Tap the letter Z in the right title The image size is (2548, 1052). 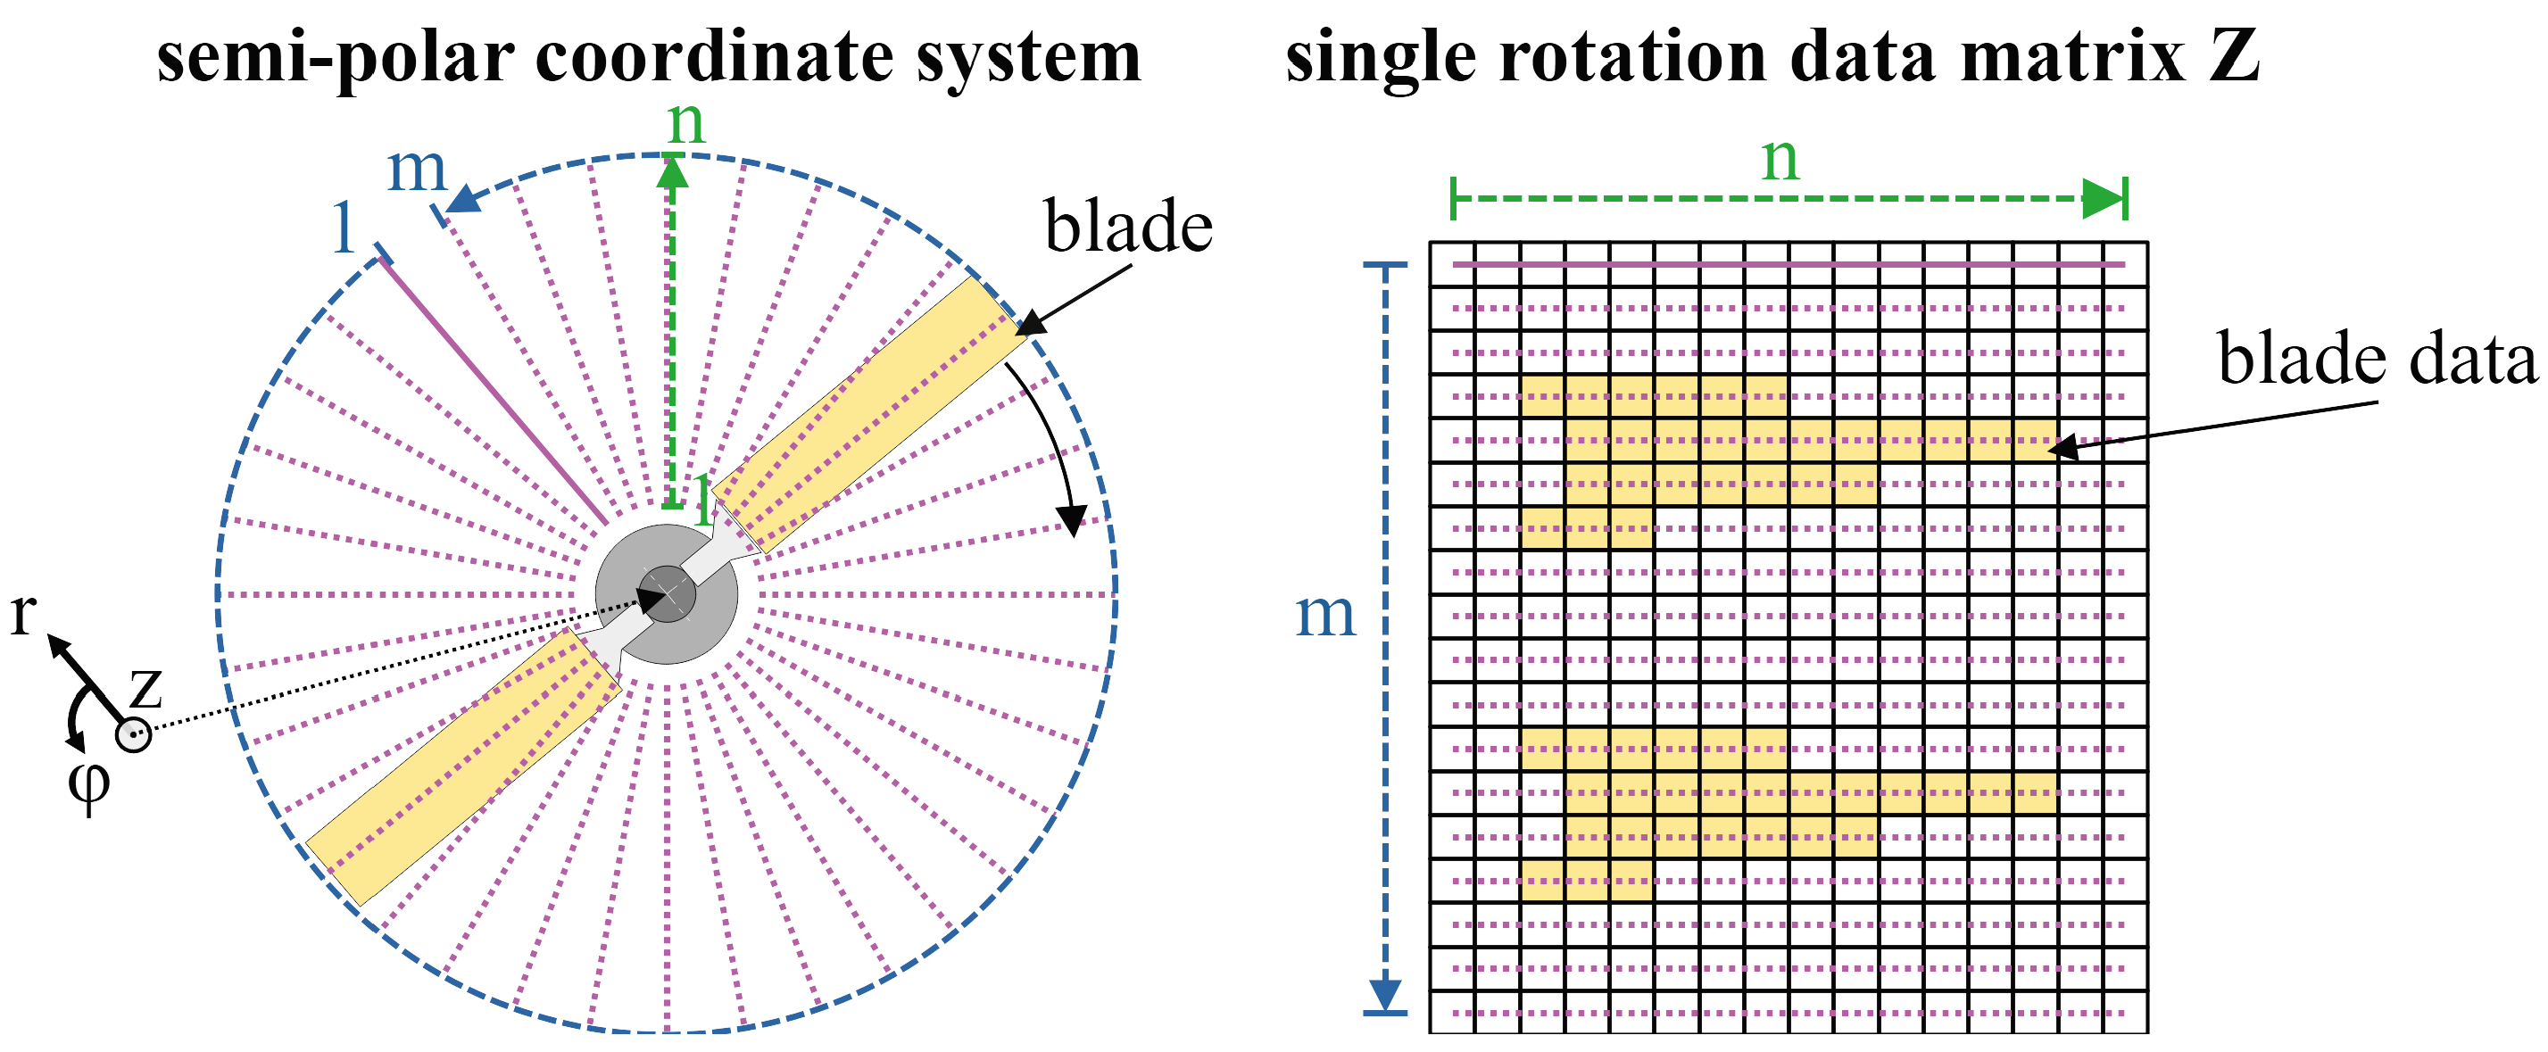2234,57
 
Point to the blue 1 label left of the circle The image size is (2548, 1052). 344,228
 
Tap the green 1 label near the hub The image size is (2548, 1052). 702,501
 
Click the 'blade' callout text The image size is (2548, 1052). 1127,228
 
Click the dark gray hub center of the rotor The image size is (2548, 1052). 668,593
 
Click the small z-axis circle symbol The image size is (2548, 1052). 134,734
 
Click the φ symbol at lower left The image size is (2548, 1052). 88,786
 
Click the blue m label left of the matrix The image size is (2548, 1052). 1324,615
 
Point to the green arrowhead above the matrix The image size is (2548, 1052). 2101,199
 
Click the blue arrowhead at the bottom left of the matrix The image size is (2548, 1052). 1385,993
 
